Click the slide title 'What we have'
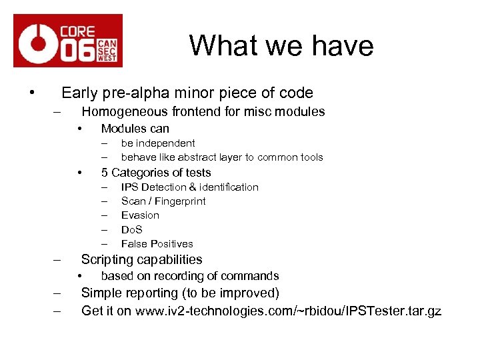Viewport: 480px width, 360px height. [281, 46]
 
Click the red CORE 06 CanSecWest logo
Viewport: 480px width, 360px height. [68, 41]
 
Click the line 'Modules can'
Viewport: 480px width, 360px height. [135, 129]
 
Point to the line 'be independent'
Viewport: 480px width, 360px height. [158, 143]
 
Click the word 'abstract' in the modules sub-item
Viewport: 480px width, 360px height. [211, 157]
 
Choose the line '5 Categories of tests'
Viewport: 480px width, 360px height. [155, 173]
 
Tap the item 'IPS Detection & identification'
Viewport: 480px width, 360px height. [189, 187]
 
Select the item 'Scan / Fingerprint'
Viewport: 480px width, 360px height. [163, 201]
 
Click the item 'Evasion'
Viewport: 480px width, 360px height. [140, 215]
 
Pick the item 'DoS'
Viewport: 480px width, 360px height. [132, 229]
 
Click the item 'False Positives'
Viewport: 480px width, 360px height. [157, 244]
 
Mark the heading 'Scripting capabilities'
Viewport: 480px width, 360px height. [141, 260]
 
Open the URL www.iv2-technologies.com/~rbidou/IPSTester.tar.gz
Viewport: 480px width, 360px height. [288, 311]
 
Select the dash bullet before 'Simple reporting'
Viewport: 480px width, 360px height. [57, 294]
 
